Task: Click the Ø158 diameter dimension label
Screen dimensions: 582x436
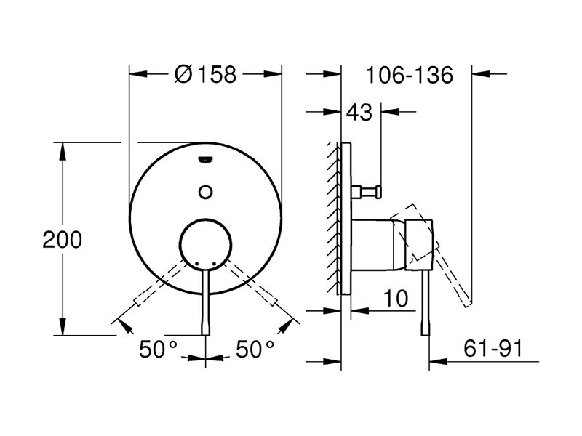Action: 205,74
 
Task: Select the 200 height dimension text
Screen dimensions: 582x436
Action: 62,240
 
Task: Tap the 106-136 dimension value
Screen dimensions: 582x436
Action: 410,75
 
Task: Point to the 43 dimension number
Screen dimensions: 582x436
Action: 359,112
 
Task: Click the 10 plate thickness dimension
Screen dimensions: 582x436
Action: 396,299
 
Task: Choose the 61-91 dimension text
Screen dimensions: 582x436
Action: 493,348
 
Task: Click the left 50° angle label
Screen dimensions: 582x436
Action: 158,349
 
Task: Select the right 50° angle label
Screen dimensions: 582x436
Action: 255,349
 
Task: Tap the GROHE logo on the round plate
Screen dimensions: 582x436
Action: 205,159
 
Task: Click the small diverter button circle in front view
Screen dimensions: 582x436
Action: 205,192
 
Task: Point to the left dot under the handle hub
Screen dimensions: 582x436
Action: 196,263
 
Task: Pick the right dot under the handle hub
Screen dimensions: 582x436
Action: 214,263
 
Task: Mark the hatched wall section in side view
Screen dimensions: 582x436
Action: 334,218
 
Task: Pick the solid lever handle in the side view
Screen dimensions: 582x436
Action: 426,303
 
